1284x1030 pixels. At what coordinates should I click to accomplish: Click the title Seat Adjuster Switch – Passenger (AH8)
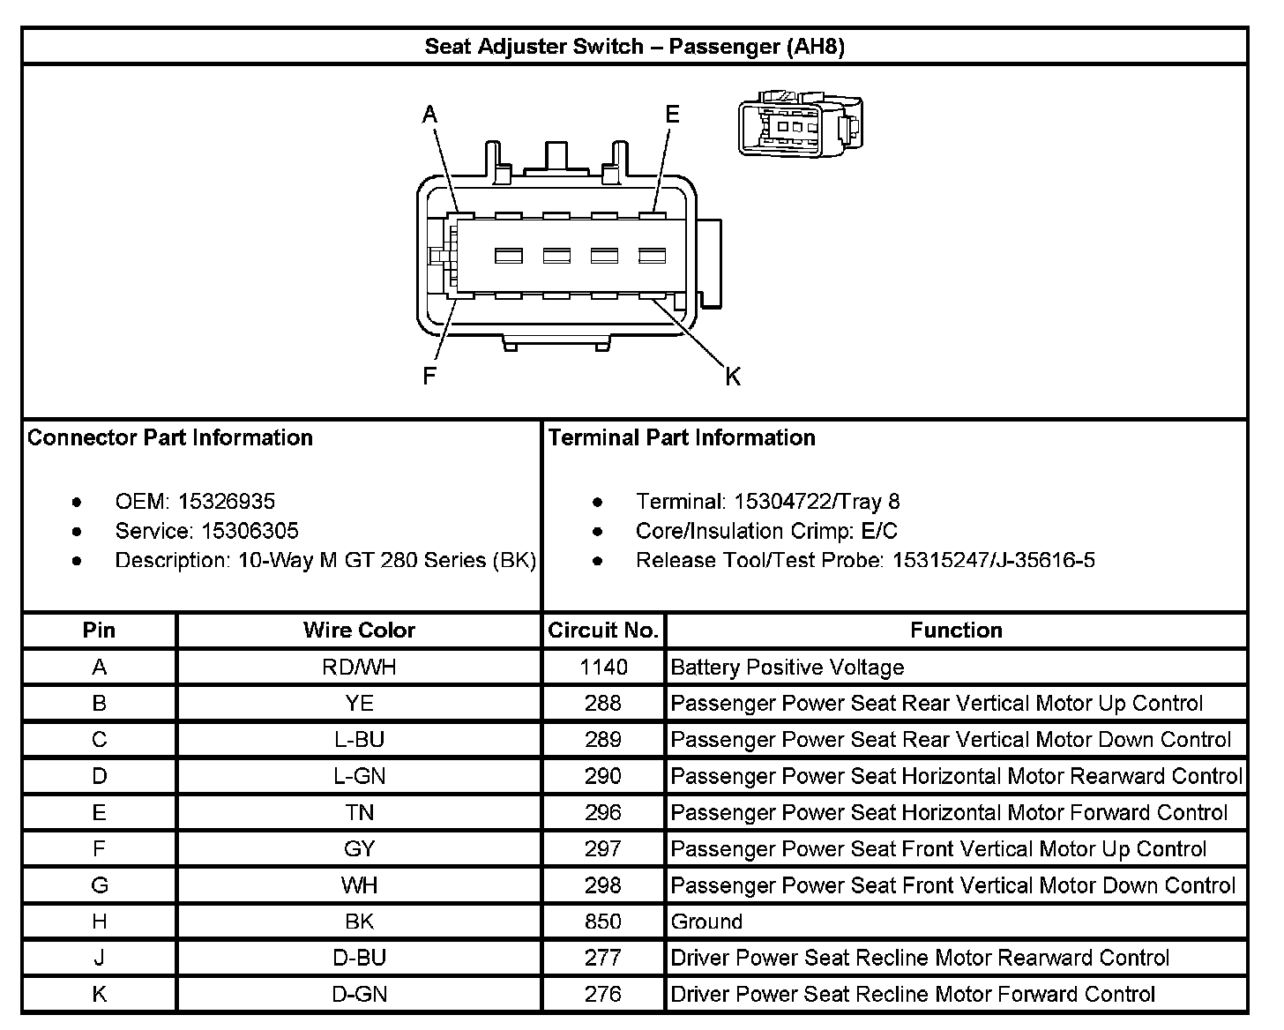coord(634,47)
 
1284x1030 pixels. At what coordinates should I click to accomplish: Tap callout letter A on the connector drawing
coord(429,115)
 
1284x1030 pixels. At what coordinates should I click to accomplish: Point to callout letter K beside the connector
coord(733,377)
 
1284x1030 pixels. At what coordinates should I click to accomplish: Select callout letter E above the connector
coord(673,115)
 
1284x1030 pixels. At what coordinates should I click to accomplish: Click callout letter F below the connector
coord(429,377)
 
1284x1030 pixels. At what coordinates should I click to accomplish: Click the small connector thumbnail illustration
coord(800,126)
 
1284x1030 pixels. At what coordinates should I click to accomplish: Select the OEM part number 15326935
coord(227,502)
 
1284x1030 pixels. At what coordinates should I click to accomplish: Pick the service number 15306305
coord(250,531)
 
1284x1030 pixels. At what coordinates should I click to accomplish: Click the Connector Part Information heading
coord(170,438)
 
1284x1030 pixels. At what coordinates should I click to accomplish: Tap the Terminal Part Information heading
coord(682,438)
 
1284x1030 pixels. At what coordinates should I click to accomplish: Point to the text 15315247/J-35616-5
coord(994,560)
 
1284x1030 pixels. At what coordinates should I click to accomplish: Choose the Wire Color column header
coord(359,631)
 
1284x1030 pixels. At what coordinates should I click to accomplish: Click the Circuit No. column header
coord(603,631)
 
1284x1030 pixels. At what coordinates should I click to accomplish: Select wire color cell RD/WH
coord(359,668)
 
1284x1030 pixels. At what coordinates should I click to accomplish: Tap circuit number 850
coord(603,922)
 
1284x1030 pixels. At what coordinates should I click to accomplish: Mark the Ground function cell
coord(706,922)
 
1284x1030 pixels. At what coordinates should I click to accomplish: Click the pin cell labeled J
coord(99,958)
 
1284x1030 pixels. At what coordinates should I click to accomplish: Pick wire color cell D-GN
coord(359,994)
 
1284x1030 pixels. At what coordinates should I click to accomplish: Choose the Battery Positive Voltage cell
coord(787,668)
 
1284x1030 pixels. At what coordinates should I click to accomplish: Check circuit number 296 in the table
coord(603,812)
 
